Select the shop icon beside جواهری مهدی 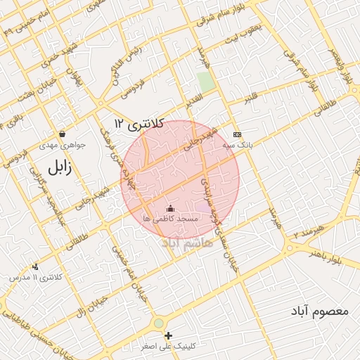click(63, 134)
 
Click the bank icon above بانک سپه click(237, 134)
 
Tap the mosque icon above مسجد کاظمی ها click(169, 208)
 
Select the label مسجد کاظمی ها click(170, 219)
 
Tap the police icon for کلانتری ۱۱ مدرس click(35, 266)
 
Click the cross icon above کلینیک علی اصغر click(168, 335)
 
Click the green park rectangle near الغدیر click(205, 82)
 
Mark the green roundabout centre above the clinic click(160, 323)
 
